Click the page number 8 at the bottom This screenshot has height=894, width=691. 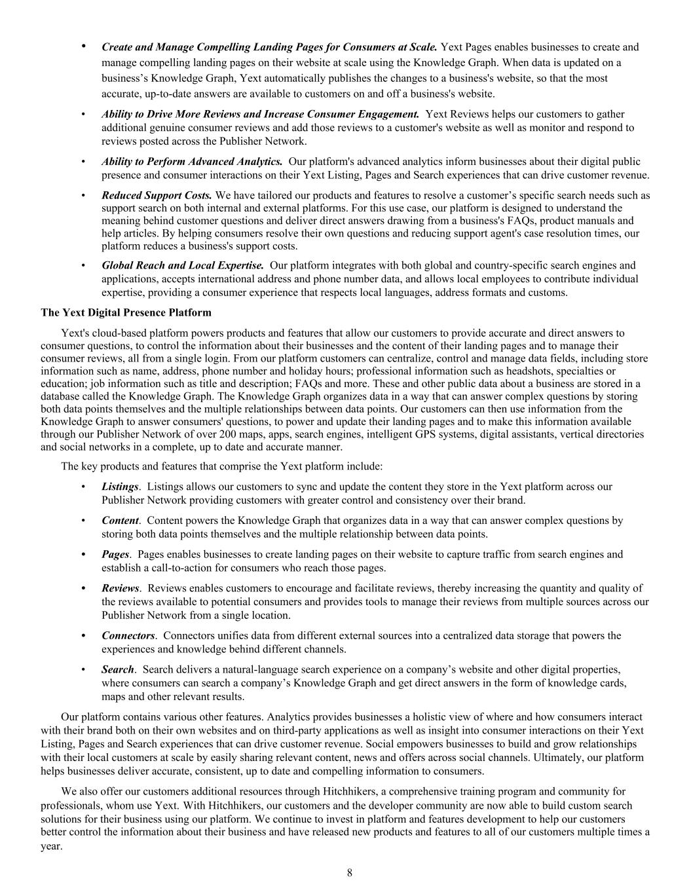click(350, 872)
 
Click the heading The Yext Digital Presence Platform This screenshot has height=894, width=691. click(126, 312)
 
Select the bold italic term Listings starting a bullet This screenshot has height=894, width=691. click(120, 487)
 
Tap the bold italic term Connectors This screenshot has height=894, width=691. click(128, 635)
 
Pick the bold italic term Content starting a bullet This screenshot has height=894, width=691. click(120, 521)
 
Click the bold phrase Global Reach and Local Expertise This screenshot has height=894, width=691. click(183, 265)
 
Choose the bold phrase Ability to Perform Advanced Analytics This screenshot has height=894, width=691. click(192, 161)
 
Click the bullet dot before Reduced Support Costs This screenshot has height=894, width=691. click(83, 195)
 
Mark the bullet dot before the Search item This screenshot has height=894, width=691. click(83, 669)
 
